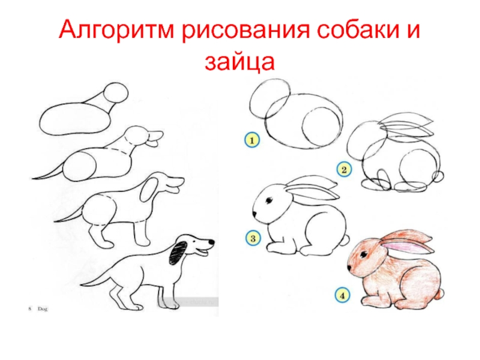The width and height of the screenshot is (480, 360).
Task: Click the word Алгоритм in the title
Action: [116, 31]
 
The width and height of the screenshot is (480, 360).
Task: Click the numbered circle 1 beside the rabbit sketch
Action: [252, 140]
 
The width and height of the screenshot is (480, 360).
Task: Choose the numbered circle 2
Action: [344, 170]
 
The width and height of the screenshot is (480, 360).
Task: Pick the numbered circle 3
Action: [253, 238]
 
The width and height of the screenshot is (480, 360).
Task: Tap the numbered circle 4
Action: [342, 295]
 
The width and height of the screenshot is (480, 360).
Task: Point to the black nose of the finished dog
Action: [212, 242]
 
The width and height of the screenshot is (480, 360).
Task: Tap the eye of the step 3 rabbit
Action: [269, 200]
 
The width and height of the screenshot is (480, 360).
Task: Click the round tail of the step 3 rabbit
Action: [345, 240]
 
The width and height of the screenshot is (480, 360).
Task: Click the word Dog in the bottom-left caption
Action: [43, 309]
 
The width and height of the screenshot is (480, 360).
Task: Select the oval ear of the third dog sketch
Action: [149, 190]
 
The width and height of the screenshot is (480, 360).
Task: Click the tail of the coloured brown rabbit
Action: [440, 294]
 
